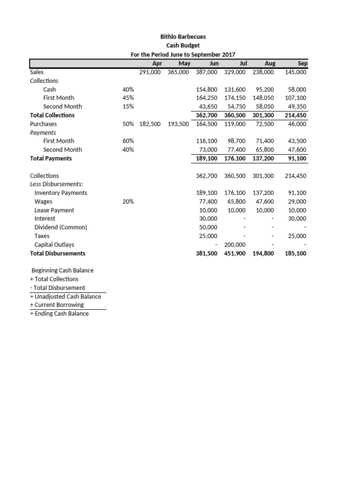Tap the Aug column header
pos(270,63)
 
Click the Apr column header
pos(157,63)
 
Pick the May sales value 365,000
pos(178,72)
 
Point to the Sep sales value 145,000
pos(295,72)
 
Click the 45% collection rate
pos(128,97)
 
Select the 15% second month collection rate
pos(128,106)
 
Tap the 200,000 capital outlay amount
pos(235,245)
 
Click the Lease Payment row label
pos(54,210)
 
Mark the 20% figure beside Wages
pos(128,202)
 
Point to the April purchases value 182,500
pos(150,124)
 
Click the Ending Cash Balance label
pos(60,313)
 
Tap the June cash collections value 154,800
pos(207,89)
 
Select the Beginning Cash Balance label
pos(62,270)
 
